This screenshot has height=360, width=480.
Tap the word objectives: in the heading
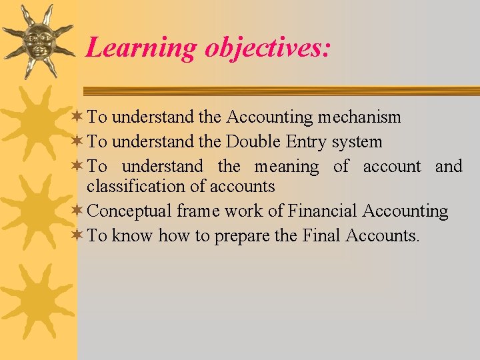[267, 48]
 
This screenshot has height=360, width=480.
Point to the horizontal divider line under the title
[280, 91]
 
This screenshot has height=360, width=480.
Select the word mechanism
[359, 117]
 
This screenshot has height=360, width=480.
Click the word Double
[253, 142]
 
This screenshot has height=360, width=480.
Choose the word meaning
[287, 167]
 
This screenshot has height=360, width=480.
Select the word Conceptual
[130, 211]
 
